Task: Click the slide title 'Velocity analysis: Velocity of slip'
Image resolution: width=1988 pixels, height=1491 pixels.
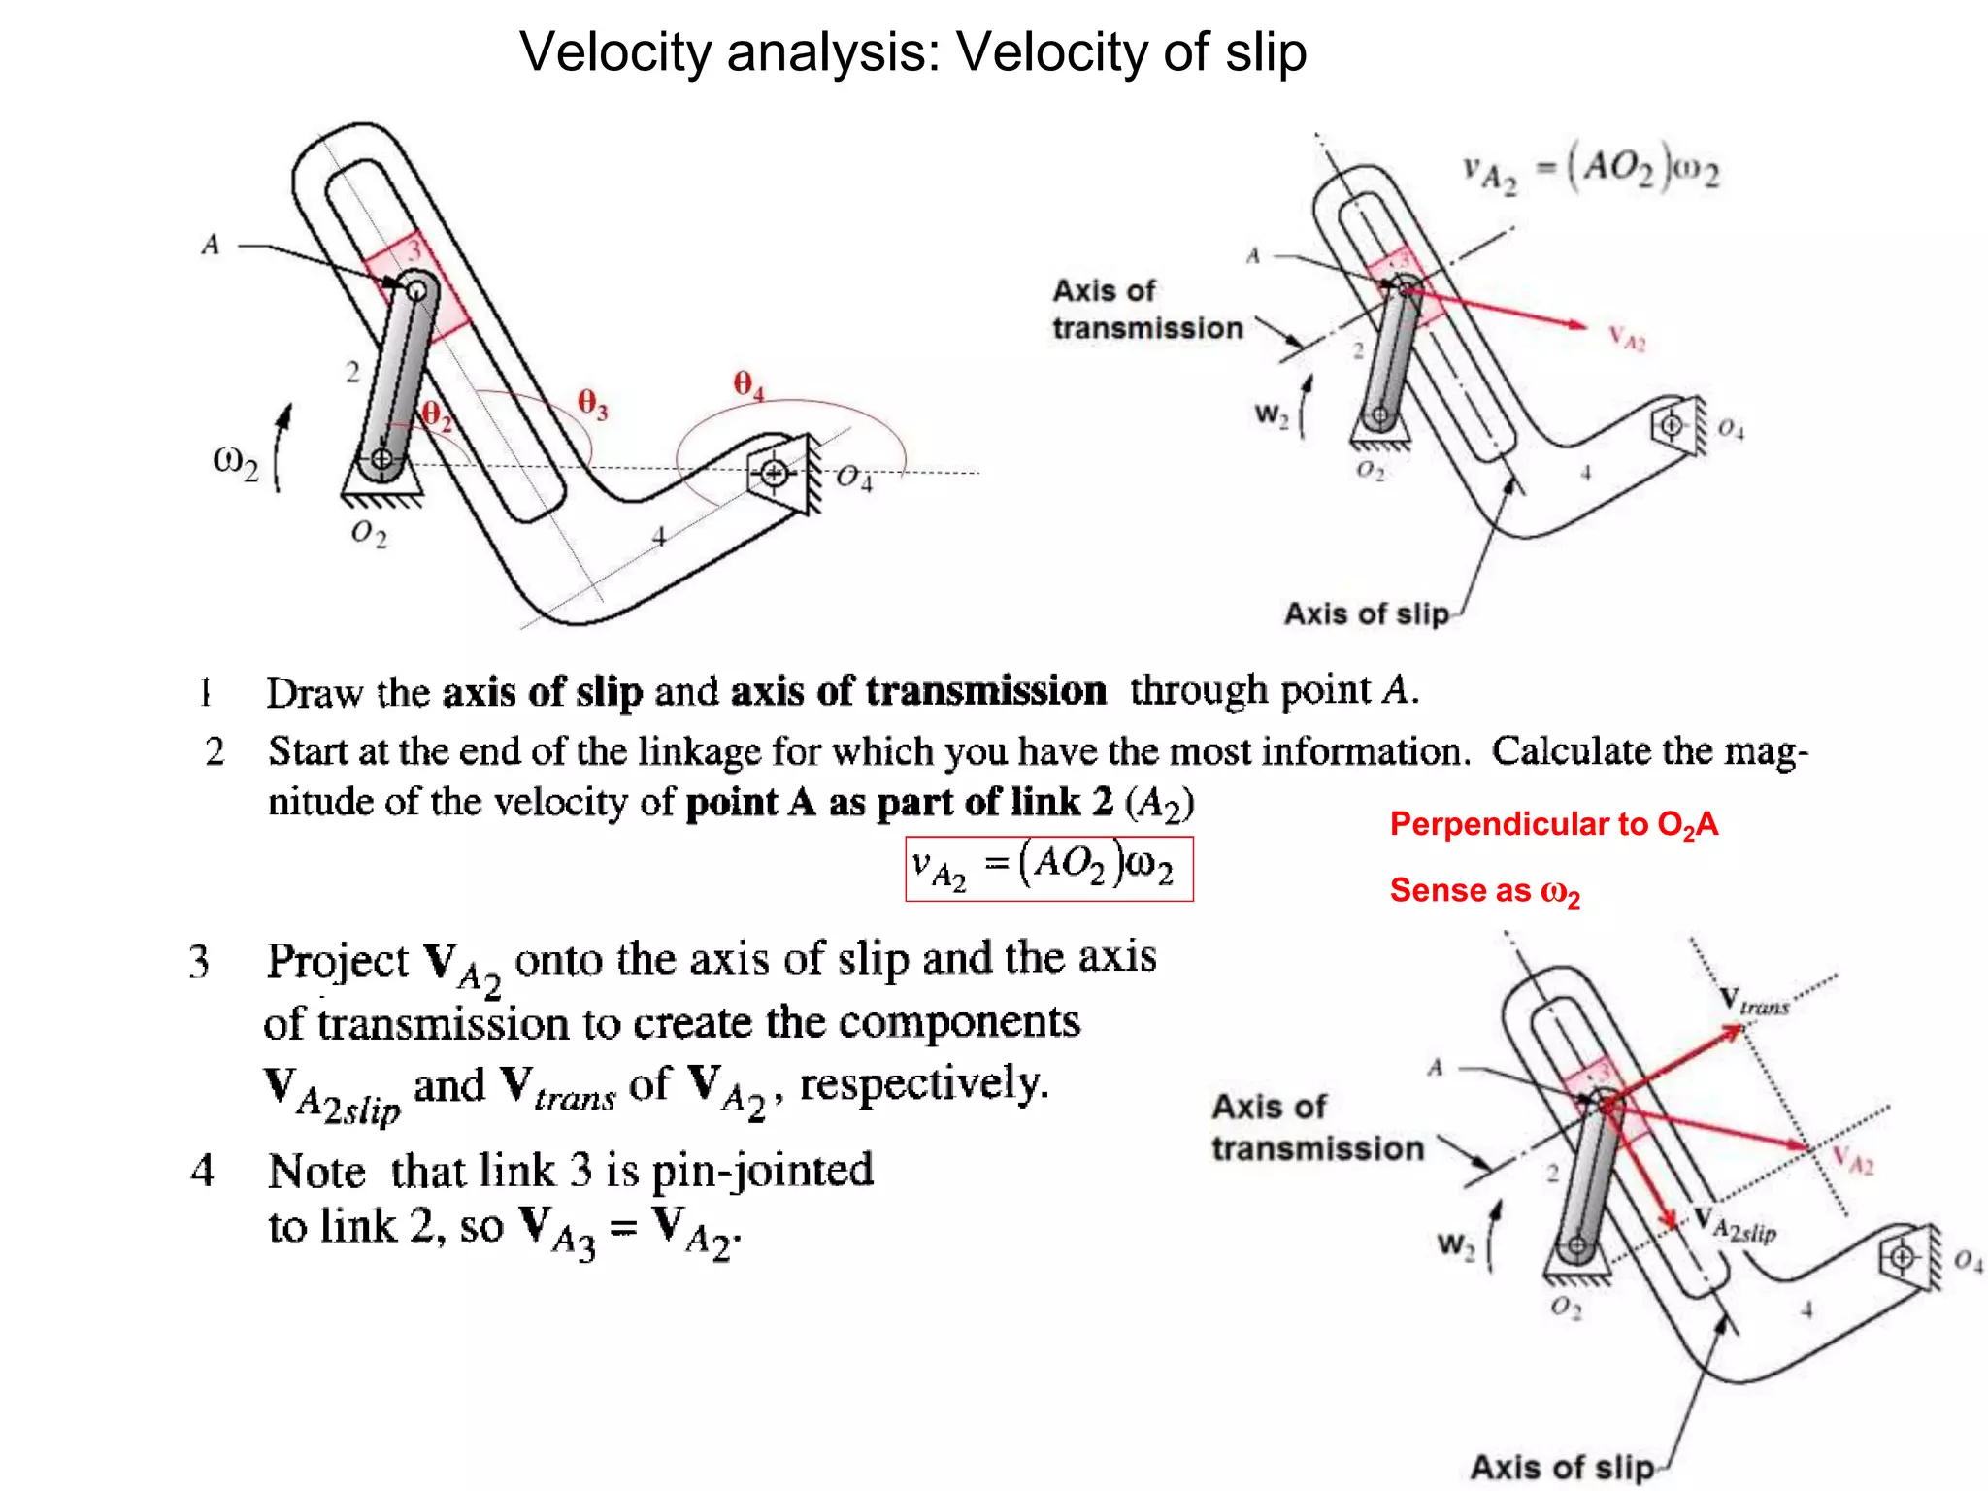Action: coord(912,52)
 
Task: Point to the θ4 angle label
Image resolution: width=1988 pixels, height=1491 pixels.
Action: coord(748,385)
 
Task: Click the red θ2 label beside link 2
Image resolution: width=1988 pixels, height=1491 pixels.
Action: coord(437,416)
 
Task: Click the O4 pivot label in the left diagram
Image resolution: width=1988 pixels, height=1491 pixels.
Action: coord(854,478)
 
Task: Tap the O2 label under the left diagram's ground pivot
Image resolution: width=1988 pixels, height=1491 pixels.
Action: coord(369,533)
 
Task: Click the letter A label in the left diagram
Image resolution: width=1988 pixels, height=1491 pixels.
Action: coord(211,245)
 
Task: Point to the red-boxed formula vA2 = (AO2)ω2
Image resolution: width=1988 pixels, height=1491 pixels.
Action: coord(1048,868)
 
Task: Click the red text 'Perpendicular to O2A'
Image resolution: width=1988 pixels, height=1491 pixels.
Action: coord(1553,825)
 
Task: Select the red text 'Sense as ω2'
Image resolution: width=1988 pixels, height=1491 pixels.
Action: coord(1484,891)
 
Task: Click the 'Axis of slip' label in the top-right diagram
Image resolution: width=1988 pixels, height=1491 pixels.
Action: coord(1366,613)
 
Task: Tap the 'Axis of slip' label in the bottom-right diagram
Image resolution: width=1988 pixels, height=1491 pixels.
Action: coord(1561,1466)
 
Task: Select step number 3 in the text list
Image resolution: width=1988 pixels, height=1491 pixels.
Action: coord(199,961)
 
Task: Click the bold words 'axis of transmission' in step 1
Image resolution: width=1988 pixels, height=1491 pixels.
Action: coord(918,691)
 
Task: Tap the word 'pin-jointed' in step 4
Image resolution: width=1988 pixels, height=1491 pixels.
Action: coord(762,1170)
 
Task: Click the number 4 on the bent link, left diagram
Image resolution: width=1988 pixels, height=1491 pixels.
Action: coord(659,535)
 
